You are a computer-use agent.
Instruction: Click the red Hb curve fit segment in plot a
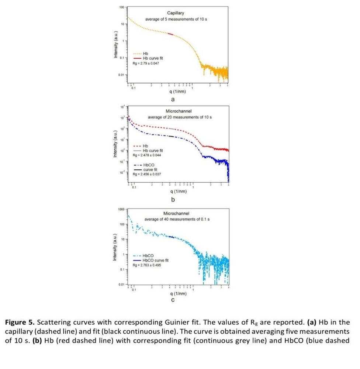(x=170, y=34)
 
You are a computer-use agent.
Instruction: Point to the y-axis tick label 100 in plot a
(x=122, y=7)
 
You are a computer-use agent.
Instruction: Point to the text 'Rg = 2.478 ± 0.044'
(x=146, y=155)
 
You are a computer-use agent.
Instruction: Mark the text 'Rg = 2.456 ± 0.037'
(x=146, y=174)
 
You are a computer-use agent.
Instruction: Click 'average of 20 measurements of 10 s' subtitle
(x=180, y=117)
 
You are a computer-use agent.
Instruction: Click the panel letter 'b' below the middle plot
(x=173, y=200)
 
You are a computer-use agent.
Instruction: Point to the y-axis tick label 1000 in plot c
(x=121, y=209)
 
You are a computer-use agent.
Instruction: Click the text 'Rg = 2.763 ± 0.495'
(x=146, y=265)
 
